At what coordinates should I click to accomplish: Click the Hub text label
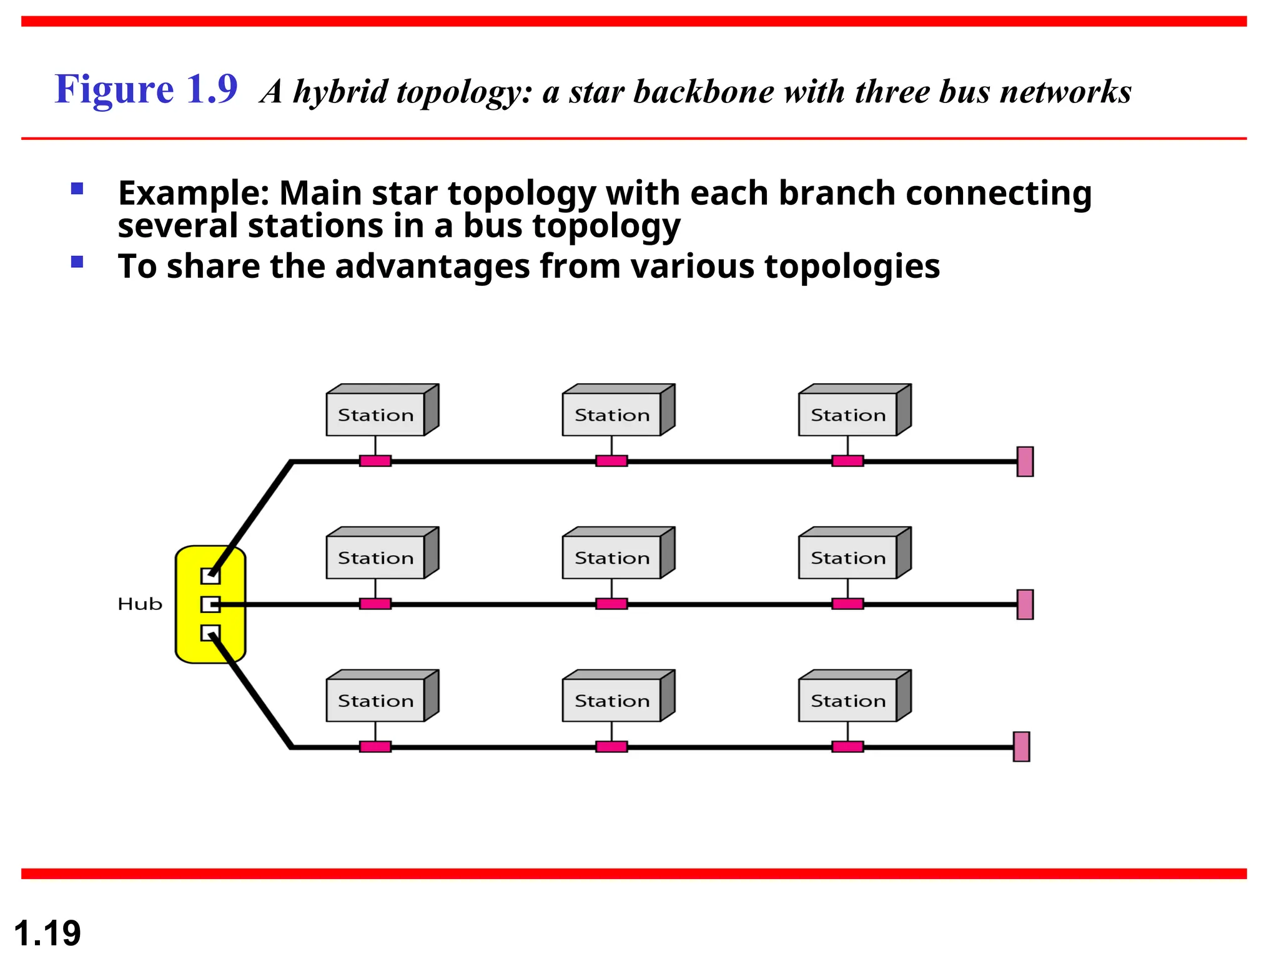coord(140,604)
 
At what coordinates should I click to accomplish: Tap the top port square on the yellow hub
coord(210,576)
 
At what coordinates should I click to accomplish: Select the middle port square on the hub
coord(210,604)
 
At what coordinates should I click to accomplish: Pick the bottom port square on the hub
coord(210,633)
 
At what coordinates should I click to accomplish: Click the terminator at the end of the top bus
coord(1025,461)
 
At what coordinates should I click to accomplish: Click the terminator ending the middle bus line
coord(1025,604)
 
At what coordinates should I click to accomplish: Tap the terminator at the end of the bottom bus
coord(1021,747)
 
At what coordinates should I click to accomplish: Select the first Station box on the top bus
coord(375,414)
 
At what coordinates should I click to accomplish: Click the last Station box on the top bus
coord(847,414)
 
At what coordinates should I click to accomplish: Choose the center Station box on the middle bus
coord(611,557)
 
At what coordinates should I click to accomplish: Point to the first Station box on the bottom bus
coord(375,700)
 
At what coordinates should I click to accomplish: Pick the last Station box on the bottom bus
coord(847,700)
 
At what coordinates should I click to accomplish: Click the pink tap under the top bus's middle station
coord(611,461)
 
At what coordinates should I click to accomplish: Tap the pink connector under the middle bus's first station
coord(375,604)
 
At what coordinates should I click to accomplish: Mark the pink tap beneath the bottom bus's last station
coord(847,747)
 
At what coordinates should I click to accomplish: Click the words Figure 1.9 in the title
coord(146,89)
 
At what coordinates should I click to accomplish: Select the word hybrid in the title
coord(341,92)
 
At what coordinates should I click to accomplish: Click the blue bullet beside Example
coord(77,189)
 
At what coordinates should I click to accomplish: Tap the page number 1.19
coord(47,933)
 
